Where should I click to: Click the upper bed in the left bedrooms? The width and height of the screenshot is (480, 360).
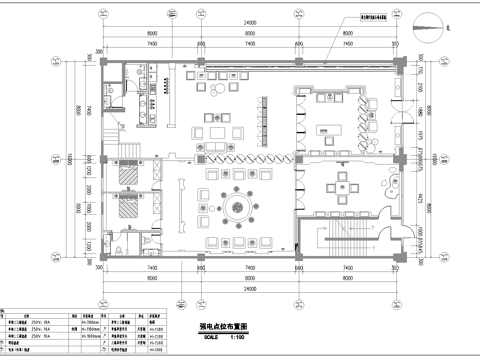[129, 177]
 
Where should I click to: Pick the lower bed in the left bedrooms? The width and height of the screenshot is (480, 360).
[129, 209]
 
